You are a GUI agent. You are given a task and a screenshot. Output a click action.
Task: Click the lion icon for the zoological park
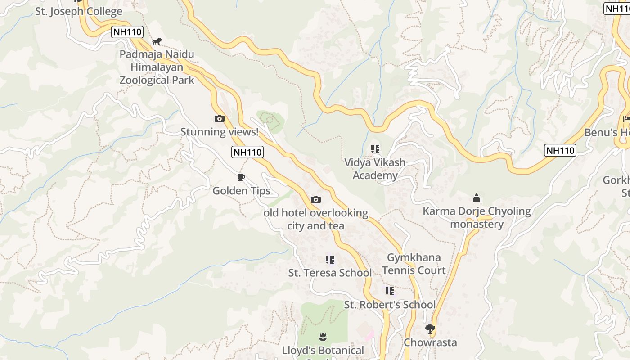pos(157,41)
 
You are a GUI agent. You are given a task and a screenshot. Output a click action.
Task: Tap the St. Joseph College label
pos(79,12)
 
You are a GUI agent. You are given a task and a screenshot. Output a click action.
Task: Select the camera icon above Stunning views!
pos(220,119)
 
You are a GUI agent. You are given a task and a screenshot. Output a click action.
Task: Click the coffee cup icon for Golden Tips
pos(241,177)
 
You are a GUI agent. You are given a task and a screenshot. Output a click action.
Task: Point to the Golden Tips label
pos(242,191)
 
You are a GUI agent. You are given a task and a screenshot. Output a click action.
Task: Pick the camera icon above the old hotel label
pos(316,199)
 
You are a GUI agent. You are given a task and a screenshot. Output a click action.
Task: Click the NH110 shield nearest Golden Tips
pos(247,152)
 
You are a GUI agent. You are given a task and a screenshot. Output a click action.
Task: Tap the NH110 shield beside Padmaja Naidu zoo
pos(127,32)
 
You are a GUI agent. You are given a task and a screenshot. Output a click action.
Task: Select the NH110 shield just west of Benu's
pos(560,150)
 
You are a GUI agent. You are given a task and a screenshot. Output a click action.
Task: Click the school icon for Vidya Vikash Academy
pos(375,149)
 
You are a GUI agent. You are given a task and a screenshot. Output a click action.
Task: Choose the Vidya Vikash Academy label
pos(375,169)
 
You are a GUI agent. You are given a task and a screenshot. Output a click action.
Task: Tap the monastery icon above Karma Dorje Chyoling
pos(477,198)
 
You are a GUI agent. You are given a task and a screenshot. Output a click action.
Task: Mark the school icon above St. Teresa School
pos(330,260)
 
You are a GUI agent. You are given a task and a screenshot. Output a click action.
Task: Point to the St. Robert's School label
pos(390,305)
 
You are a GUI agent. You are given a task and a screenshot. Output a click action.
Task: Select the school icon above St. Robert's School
pos(390,291)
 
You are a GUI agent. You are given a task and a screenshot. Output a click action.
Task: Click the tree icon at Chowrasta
pos(430,329)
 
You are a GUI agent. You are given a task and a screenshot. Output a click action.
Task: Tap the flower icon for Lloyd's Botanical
pos(323,337)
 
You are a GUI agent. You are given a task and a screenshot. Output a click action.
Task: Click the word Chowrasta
pos(430,342)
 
